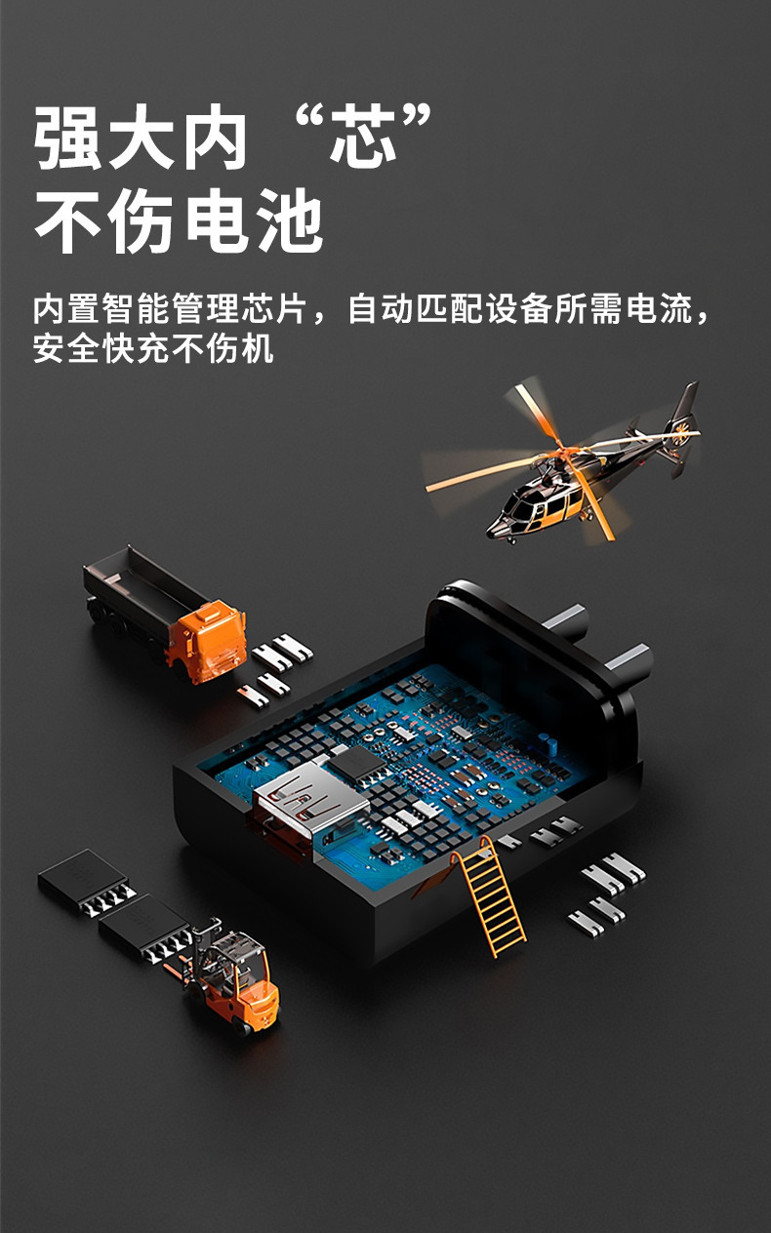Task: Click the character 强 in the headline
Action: tap(68, 137)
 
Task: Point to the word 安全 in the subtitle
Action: tap(66, 348)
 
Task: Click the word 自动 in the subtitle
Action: tap(381, 308)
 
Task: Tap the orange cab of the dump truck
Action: tap(207, 641)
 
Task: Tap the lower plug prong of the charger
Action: tap(628, 661)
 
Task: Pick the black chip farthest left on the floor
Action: tap(84, 881)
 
